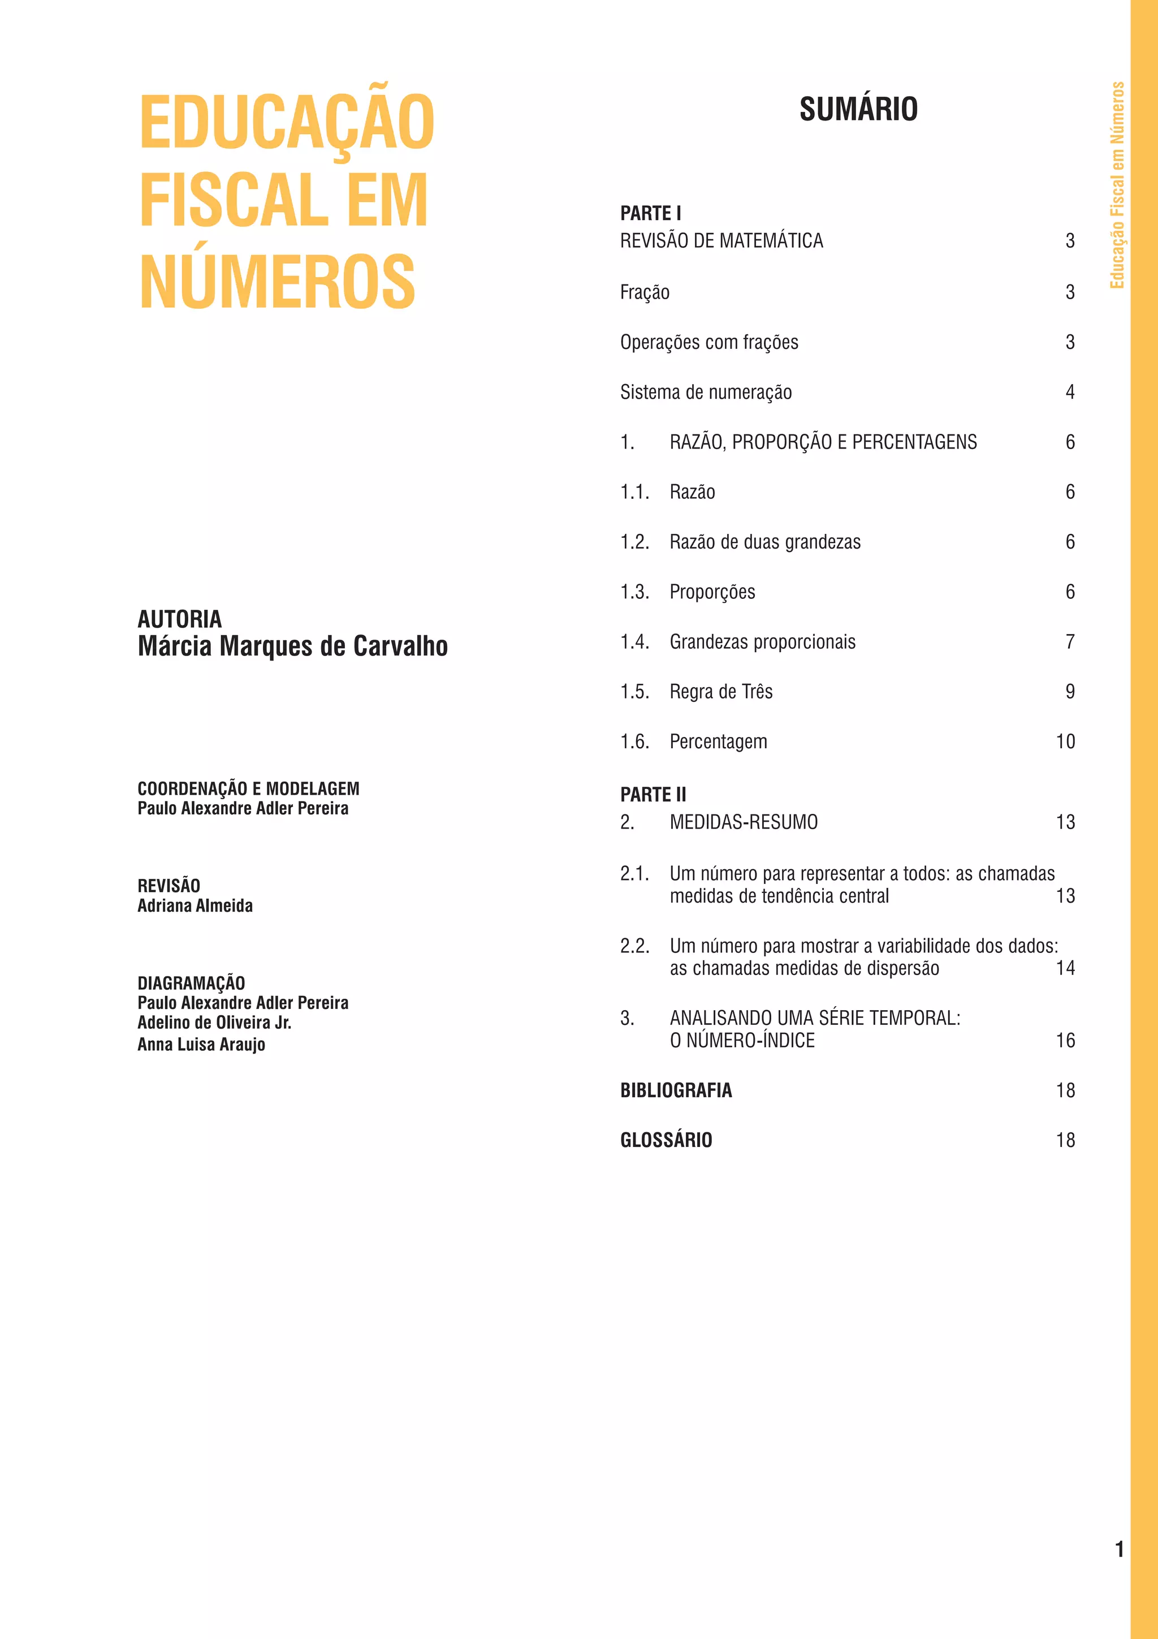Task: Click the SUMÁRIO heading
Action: [858, 109]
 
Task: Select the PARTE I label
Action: [650, 213]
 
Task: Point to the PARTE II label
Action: [653, 795]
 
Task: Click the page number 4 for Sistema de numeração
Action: [1070, 392]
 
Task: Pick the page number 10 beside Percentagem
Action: [1065, 741]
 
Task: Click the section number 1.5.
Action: [634, 692]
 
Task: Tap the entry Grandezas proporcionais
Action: [762, 642]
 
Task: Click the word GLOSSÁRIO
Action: [666, 1140]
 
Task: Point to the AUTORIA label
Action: [180, 619]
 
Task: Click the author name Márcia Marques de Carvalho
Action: [292, 646]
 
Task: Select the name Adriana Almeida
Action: [195, 906]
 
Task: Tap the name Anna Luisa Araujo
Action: [201, 1045]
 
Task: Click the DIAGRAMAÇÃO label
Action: [191, 983]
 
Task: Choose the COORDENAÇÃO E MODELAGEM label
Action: [248, 789]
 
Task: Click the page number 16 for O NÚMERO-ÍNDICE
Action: [1065, 1041]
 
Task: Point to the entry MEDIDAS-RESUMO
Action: [744, 822]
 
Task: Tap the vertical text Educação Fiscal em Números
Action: [1117, 186]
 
